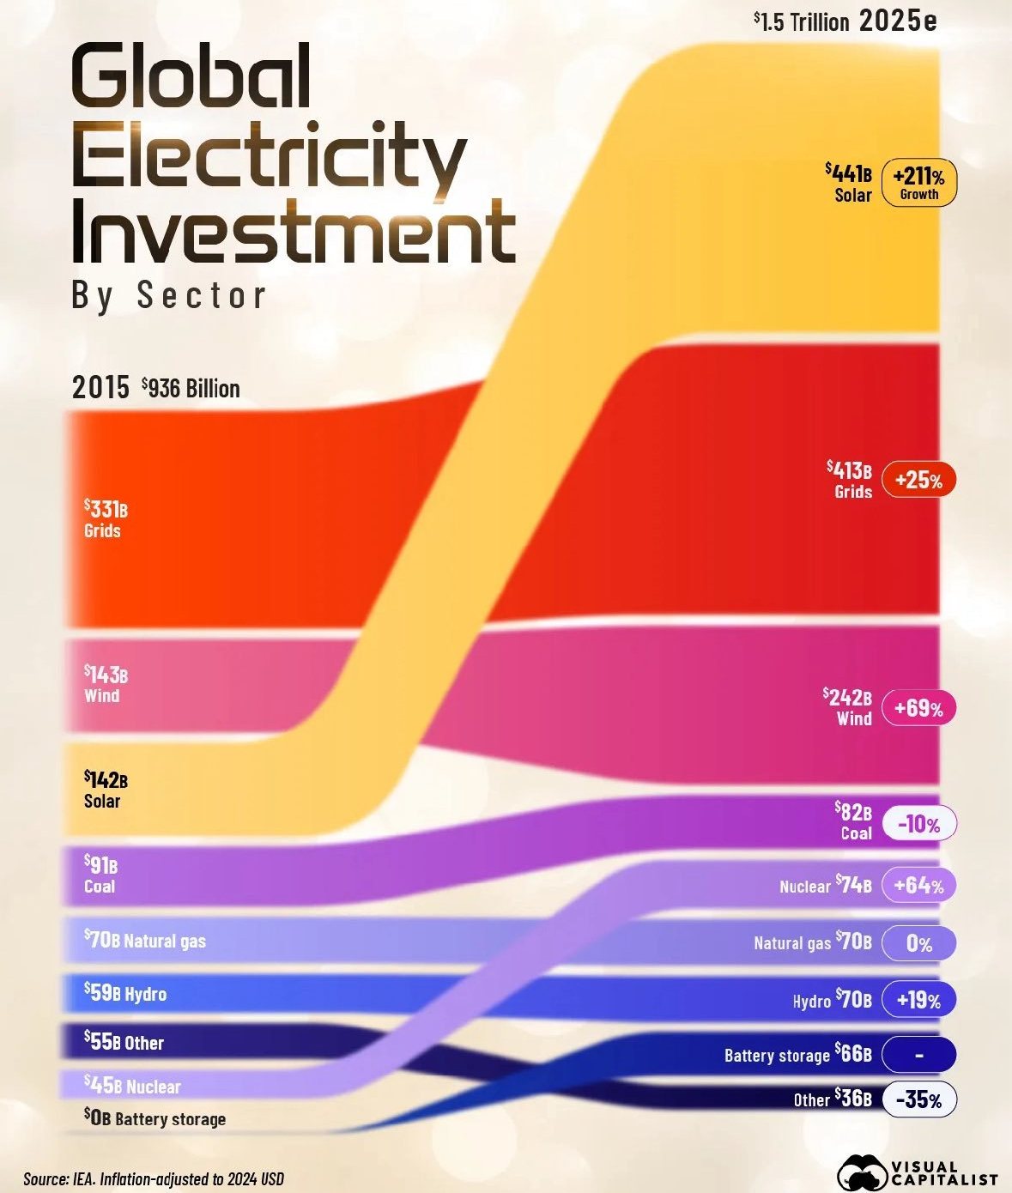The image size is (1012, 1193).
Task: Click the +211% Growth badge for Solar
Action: click(918, 183)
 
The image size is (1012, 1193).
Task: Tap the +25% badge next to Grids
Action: click(918, 480)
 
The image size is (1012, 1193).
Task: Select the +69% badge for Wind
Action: click(918, 708)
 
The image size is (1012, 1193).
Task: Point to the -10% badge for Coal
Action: click(918, 825)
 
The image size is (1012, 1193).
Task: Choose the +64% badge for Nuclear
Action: click(918, 885)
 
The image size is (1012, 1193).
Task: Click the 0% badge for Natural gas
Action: click(918, 943)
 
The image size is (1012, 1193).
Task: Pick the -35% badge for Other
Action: click(918, 1099)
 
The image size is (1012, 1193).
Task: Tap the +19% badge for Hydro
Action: click(918, 1000)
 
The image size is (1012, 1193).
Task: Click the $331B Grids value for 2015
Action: click(106, 518)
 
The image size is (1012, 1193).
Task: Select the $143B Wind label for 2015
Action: click(106, 683)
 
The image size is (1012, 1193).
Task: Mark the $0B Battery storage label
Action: click(155, 1117)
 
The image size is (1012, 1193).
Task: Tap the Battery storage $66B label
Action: click(797, 1054)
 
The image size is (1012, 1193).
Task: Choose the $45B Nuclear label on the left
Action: click(132, 1086)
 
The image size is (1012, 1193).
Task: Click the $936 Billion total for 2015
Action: click(191, 388)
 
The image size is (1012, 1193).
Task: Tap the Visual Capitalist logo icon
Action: click(861, 1172)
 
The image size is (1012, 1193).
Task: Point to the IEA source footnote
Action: click(154, 1178)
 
